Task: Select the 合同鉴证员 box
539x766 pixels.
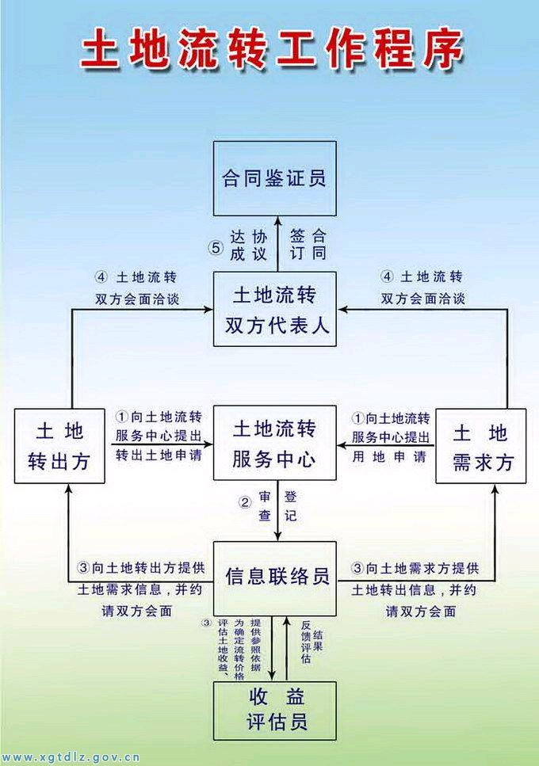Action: (x=274, y=178)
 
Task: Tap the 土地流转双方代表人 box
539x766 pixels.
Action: (x=275, y=308)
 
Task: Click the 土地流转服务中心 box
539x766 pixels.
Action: (x=274, y=444)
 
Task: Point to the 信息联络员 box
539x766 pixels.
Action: (x=275, y=575)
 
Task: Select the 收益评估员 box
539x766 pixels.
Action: (x=275, y=709)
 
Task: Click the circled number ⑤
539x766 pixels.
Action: (x=216, y=246)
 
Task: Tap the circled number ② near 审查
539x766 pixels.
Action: (x=245, y=502)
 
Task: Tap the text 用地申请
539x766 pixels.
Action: (x=390, y=456)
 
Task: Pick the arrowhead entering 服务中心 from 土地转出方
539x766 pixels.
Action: (x=208, y=444)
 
